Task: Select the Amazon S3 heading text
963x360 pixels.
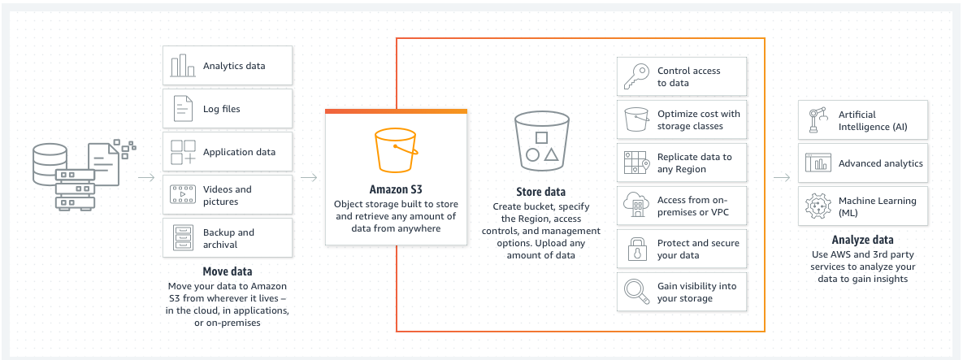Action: click(x=396, y=189)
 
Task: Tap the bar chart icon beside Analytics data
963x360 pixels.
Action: click(x=182, y=66)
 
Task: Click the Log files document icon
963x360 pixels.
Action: click(x=182, y=109)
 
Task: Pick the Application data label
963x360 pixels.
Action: click(x=239, y=152)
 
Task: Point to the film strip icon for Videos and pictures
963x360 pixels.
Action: click(x=182, y=195)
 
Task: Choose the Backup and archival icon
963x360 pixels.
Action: click(x=182, y=238)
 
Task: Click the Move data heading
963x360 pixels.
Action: click(x=227, y=271)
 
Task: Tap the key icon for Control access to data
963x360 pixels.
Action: click(x=635, y=77)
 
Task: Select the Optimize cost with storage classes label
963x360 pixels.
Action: click(x=698, y=120)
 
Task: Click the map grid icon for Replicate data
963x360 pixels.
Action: click(x=635, y=163)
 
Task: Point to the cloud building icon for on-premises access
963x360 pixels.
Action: click(x=635, y=206)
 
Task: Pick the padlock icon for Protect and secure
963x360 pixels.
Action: click(x=635, y=249)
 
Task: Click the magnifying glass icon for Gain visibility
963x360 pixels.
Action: click(x=635, y=293)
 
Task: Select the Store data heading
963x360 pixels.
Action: click(x=540, y=192)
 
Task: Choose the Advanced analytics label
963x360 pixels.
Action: click(x=880, y=163)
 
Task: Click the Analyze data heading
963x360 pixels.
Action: click(x=862, y=240)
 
